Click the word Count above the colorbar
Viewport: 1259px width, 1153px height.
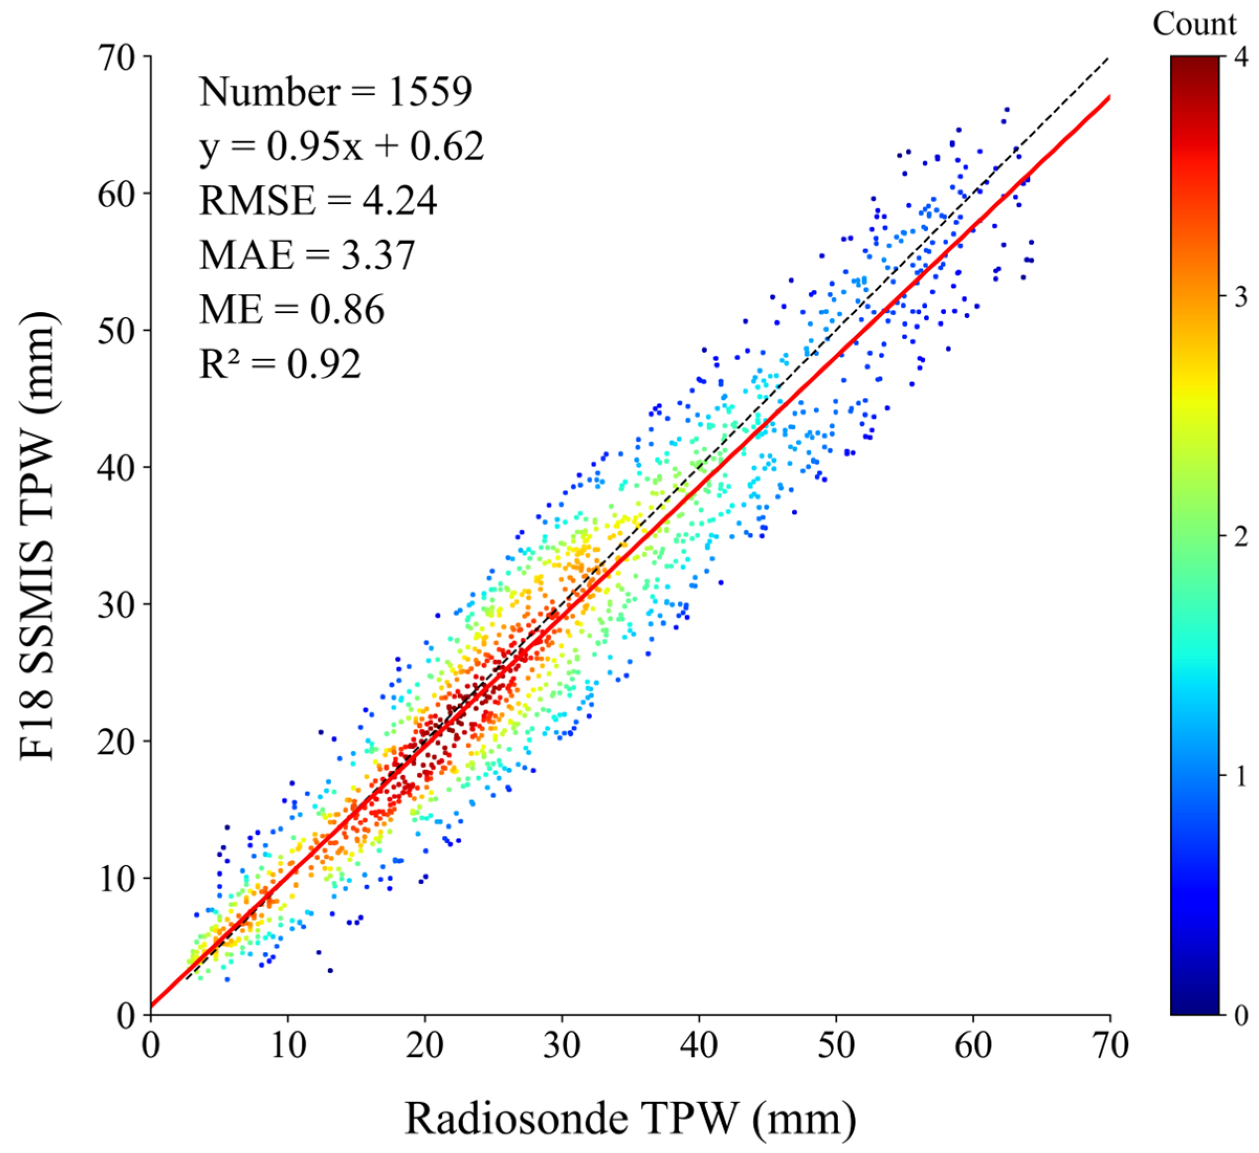click(1194, 25)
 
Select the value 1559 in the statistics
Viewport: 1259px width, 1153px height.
click(430, 92)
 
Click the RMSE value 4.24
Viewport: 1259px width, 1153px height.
click(399, 200)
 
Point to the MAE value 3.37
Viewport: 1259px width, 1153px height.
click(378, 255)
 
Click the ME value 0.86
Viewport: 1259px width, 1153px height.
click(347, 310)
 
